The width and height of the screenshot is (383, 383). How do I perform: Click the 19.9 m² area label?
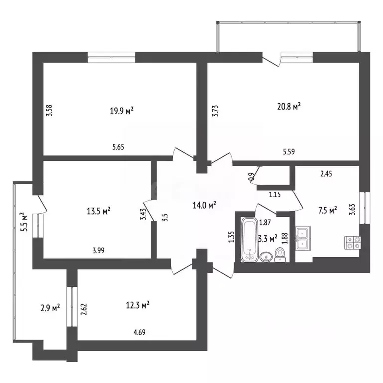coord(122,111)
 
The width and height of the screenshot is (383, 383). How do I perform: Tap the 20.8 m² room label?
coord(289,107)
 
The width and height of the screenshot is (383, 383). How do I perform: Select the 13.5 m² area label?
coord(99,211)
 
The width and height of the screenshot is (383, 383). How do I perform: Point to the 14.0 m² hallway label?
coord(204,205)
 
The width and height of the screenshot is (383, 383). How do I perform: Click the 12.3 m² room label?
coord(138,305)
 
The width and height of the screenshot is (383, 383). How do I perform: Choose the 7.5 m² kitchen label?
coord(328,211)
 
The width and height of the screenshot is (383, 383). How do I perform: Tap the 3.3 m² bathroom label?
coord(268,238)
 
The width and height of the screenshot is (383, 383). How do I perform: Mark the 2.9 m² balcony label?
coord(50,308)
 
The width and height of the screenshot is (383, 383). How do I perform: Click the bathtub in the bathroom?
coord(249,239)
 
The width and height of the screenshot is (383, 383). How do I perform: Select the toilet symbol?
coord(280,255)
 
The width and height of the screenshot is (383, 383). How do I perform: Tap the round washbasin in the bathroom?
coord(266,257)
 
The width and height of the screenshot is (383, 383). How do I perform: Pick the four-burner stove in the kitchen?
coord(352,243)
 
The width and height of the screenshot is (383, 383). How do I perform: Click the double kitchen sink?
coord(303,238)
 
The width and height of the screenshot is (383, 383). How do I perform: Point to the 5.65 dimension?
coord(118,147)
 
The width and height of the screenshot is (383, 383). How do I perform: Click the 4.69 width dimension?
coord(139,332)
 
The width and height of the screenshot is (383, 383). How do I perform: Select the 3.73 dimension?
coord(215,111)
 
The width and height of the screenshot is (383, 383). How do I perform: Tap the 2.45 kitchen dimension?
coord(326,174)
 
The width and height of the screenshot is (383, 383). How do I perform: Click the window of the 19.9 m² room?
coord(111,58)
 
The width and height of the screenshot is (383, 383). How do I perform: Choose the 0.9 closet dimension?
coord(251,176)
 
